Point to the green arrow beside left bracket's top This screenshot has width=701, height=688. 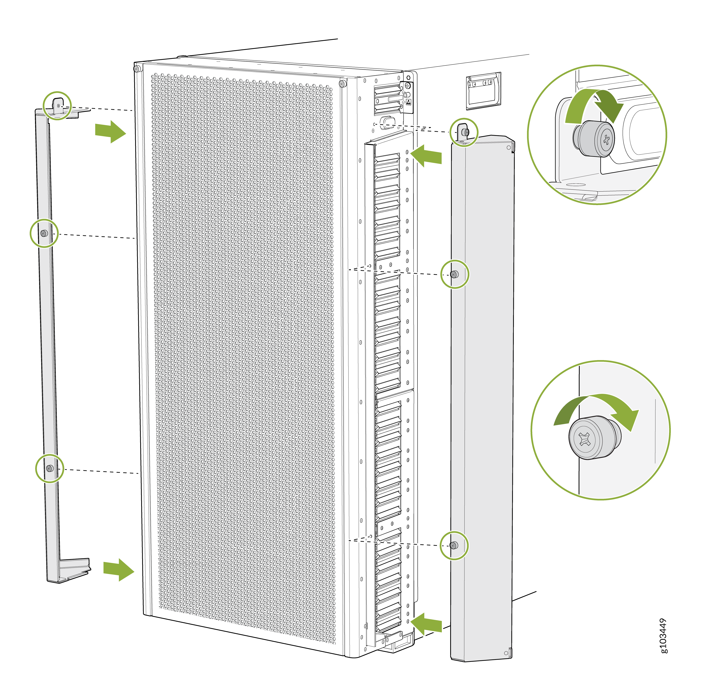pos(110,132)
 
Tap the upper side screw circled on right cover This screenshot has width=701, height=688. pos(455,274)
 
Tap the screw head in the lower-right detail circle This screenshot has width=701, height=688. pos(595,438)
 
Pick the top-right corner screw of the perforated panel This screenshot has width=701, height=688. pos(342,84)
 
